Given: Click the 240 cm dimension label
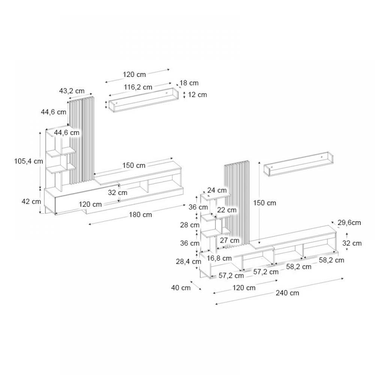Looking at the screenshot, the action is click(x=287, y=293).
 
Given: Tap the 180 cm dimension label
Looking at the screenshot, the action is click(x=140, y=215).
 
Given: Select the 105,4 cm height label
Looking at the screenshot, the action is click(x=28, y=161).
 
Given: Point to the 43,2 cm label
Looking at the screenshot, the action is click(x=72, y=91).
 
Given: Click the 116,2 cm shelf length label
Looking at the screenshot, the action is click(x=138, y=87).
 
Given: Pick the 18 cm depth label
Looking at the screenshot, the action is click(x=189, y=83).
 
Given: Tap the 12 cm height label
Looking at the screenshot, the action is click(x=197, y=95).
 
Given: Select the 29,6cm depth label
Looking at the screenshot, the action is click(x=349, y=223).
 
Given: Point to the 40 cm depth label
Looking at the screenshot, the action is click(x=181, y=288).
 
